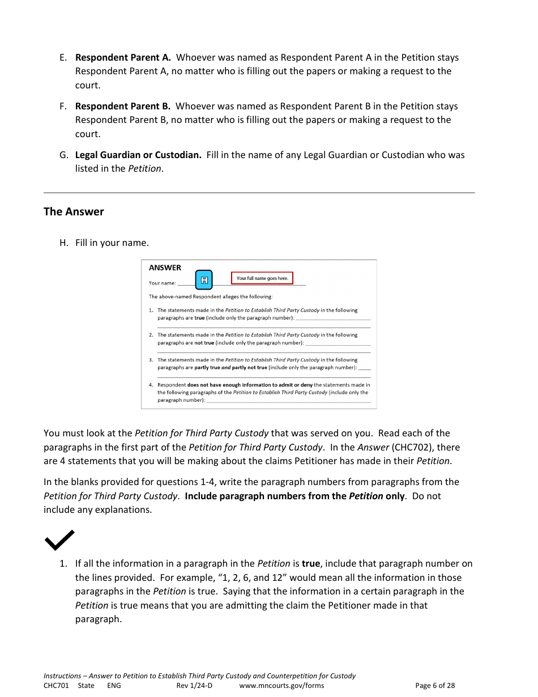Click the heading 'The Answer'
(74, 211)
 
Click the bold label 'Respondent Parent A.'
(123, 57)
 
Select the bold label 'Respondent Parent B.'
(123, 106)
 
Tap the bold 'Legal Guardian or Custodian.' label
(138, 155)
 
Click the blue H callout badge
(204, 279)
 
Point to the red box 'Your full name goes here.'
(262, 278)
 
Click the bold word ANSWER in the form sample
(165, 267)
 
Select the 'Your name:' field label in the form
(162, 283)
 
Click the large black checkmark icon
(59, 540)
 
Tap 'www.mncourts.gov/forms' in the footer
(281, 685)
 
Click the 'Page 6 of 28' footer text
(435, 685)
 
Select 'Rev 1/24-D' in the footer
(194, 685)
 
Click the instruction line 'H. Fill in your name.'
(104, 243)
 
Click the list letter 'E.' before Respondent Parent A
(63, 57)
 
